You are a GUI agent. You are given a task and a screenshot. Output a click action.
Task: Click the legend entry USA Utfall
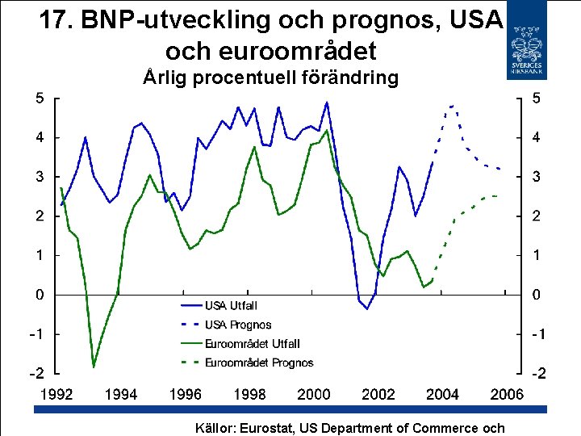click(231, 305)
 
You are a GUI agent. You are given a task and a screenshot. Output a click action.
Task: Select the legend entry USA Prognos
click(238, 325)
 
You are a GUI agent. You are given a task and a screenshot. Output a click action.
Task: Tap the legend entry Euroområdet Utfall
click(253, 344)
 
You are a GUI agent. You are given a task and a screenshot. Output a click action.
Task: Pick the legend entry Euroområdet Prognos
click(259, 363)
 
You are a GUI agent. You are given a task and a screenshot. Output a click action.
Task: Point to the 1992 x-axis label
click(56, 395)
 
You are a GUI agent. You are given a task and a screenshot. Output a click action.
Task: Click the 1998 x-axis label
click(249, 395)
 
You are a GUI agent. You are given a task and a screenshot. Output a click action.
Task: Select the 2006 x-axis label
click(507, 395)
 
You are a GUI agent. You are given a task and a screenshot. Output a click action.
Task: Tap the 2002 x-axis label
click(378, 395)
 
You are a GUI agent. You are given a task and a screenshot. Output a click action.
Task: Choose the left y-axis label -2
click(36, 374)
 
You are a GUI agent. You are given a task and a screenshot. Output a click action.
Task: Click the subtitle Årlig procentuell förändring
click(270, 78)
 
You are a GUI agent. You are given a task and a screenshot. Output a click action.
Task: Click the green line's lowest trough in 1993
click(94, 367)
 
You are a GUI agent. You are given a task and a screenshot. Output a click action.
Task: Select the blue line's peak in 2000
click(326, 103)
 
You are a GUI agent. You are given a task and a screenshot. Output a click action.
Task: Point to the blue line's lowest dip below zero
click(367, 308)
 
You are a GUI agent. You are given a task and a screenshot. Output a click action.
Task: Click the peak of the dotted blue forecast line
click(451, 105)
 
